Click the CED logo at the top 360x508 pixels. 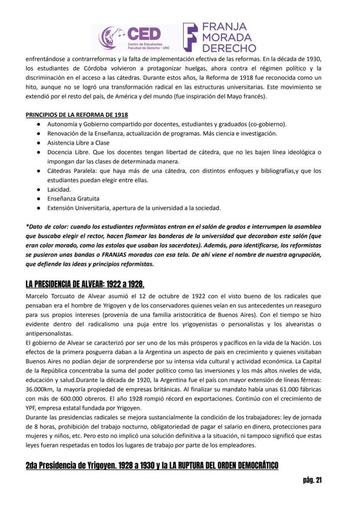130,37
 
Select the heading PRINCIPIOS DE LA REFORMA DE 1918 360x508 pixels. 77,115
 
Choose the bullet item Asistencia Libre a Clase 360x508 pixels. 78,143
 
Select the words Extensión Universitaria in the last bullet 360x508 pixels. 77,208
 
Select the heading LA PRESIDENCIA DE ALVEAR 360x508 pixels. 85,284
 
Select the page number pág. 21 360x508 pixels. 312,480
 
